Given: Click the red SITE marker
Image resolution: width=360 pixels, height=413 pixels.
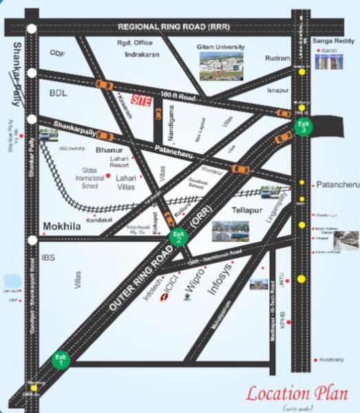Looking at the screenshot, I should [140, 100].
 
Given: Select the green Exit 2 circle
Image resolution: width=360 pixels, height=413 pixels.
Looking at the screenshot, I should [178, 237].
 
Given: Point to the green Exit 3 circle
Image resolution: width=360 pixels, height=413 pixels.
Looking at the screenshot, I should [302, 126].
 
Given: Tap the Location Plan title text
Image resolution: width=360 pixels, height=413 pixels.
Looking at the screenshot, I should [297, 394].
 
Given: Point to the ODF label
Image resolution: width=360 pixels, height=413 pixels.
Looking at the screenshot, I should [56, 53].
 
